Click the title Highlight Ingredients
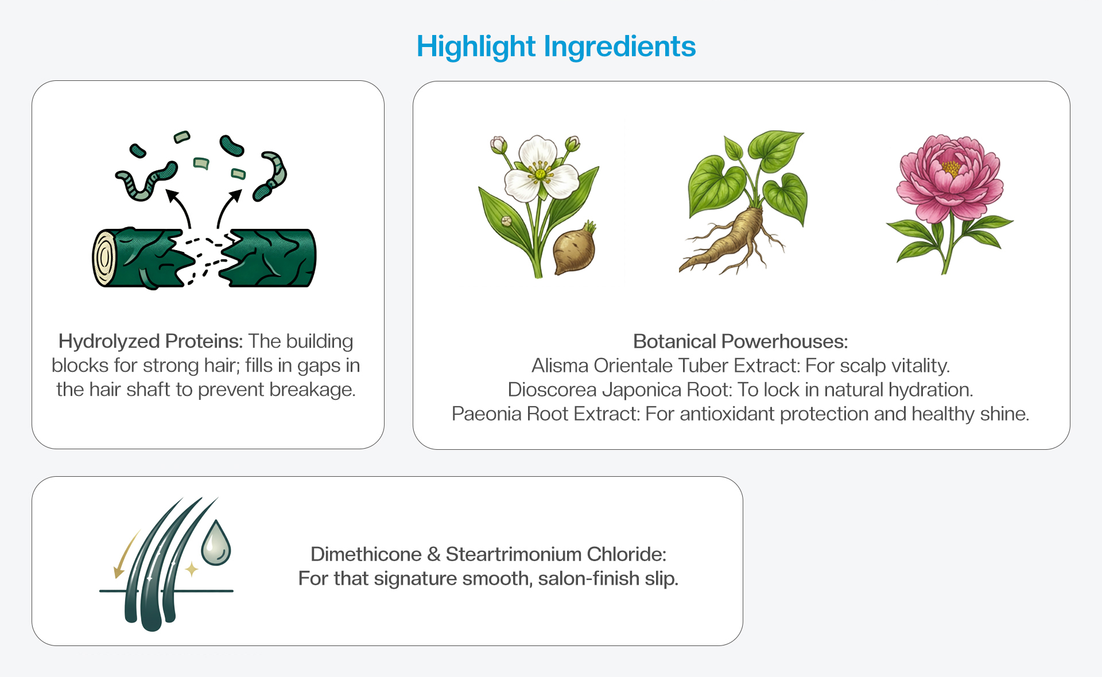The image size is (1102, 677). [556, 47]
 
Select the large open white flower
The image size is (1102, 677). [540, 169]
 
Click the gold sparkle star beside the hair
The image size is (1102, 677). [192, 570]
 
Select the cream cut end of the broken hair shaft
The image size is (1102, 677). [104, 258]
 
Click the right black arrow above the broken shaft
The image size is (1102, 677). [228, 208]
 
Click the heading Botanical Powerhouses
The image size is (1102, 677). [740, 342]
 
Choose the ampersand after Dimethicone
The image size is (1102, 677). [434, 555]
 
